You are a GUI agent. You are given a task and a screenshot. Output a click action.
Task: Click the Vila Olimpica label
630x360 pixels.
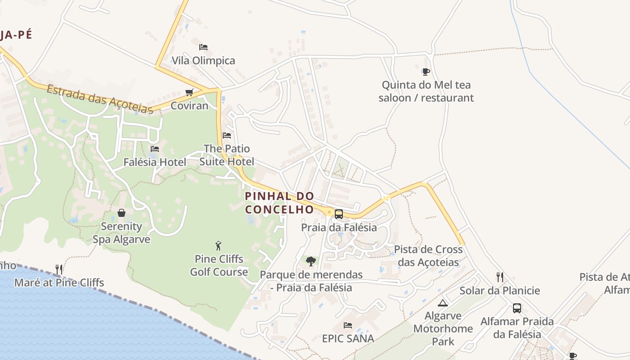pyautogui.click(x=203, y=60)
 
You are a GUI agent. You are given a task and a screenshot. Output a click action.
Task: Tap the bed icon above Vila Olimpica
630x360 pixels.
pyautogui.click(x=203, y=47)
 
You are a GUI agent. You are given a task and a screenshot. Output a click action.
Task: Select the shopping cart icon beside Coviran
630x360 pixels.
pyautogui.click(x=189, y=92)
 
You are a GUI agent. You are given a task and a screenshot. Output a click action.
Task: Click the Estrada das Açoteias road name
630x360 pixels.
pyautogui.click(x=100, y=99)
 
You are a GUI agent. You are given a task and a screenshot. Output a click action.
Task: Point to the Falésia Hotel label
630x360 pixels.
pyautogui.click(x=155, y=162)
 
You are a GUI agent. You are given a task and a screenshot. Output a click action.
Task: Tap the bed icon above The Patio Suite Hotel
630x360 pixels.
pyautogui.click(x=227, y=135)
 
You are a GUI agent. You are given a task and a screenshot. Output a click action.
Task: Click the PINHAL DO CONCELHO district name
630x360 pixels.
pyautogui.click(x=279, y=202)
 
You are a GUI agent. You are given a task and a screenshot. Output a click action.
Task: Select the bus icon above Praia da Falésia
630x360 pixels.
pyautogui.click(x=339, y=214)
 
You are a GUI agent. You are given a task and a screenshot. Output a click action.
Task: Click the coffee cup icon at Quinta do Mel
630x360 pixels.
pyautogui.click(x=426, y=72)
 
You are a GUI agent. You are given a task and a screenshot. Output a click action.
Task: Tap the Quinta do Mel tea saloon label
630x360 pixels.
pyautogui.click(x=426, y=91)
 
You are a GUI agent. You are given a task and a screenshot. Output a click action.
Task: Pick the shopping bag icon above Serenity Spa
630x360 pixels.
pyautogui.click(x=121, y=213)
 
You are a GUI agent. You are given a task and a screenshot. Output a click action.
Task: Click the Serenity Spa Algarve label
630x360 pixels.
pyautogui.click(x=121, y=233)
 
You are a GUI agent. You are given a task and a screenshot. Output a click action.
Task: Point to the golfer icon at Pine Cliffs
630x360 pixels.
pyautogui.click(x=219, y=246)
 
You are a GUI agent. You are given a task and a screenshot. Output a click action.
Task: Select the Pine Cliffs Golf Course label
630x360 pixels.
pyautogui.click(x=219, y=265)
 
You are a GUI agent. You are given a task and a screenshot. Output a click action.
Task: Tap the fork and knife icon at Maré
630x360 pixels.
pyautogui.click(x=59, y=269)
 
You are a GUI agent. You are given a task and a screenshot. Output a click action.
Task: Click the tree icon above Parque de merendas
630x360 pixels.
pyautogui.click(x=310, y=261)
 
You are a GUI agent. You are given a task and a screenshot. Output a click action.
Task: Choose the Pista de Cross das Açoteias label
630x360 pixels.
pyautogui.click(x=428, y=256)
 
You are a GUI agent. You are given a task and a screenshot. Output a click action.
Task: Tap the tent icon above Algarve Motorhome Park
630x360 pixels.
pyautogui.click(x=443, y=303)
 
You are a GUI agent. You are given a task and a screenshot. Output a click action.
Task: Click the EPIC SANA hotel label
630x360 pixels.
pyautogui.click(x=348, y=338)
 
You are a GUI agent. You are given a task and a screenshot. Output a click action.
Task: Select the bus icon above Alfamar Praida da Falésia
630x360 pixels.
pyautogui.click(x=517, y=308)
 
